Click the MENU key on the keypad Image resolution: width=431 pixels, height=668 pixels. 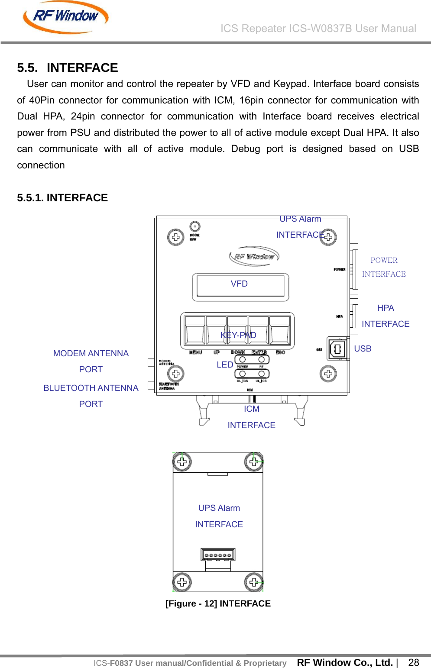(x=194, y=332)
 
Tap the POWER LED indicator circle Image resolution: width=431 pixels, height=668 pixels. (x=243, y=360)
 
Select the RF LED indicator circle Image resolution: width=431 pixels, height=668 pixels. (x=261, y=360)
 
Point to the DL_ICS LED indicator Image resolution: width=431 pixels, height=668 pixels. (x=243, y=374)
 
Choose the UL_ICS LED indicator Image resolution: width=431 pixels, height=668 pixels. (x=261, y=374)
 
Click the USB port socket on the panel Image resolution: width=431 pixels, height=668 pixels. (x=337, y=349)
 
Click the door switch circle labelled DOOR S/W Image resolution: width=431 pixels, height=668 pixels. (x=195, y=226)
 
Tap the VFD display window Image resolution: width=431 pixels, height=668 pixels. (x=240, y=286)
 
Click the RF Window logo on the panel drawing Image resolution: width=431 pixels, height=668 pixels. (x=254, y=256)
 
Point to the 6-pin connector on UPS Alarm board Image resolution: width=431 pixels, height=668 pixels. (x=218, y=555)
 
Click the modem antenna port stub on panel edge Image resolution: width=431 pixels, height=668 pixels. (x=151, y=362)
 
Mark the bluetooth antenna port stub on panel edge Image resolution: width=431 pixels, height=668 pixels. (x=151, y=385)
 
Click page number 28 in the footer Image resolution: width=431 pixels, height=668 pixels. (x=414, y=662)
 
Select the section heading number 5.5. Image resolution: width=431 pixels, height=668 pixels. (x=26, y=68)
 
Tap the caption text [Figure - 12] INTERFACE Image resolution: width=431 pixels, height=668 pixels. (x=218, y=603)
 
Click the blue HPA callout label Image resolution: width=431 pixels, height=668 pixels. (x=386, y=308)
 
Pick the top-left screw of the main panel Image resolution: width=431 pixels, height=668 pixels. (x=175, y=237)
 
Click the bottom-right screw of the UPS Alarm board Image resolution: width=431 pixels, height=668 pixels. (x=253, y=582)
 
